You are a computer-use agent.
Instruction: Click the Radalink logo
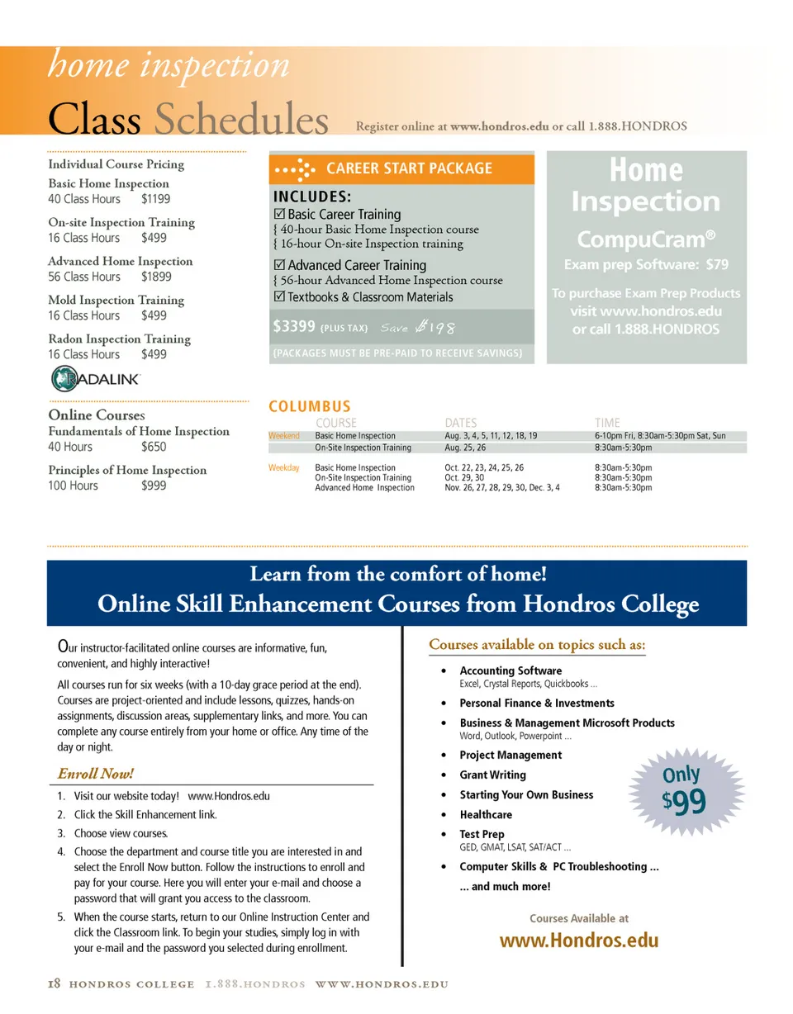coord(96,379)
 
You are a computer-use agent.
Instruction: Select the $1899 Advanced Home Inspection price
coord(156,277)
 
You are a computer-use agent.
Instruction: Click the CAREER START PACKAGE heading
coord(409,168)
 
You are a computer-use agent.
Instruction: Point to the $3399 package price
coord(295,327)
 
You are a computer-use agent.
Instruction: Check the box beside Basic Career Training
coord(278,215)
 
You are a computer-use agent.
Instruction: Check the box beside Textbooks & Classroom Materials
coord(278,297)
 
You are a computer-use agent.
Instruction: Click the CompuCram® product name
coord(646,239)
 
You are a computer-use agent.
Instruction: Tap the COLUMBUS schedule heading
coord(310,406)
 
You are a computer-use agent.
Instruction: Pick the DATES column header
coord(461,423)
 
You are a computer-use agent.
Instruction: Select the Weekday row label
coord(283,468)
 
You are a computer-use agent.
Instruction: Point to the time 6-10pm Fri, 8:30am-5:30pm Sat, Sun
coord(660,436)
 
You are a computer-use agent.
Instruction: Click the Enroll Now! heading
coord(94,774)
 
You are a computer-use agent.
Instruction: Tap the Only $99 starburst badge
coord(682,788)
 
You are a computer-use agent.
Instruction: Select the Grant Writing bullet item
coord(492,775)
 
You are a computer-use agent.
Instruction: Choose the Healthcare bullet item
coord(486,815)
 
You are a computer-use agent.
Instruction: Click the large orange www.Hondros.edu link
coord(579,941)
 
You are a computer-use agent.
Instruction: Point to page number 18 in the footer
coord(54,985)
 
